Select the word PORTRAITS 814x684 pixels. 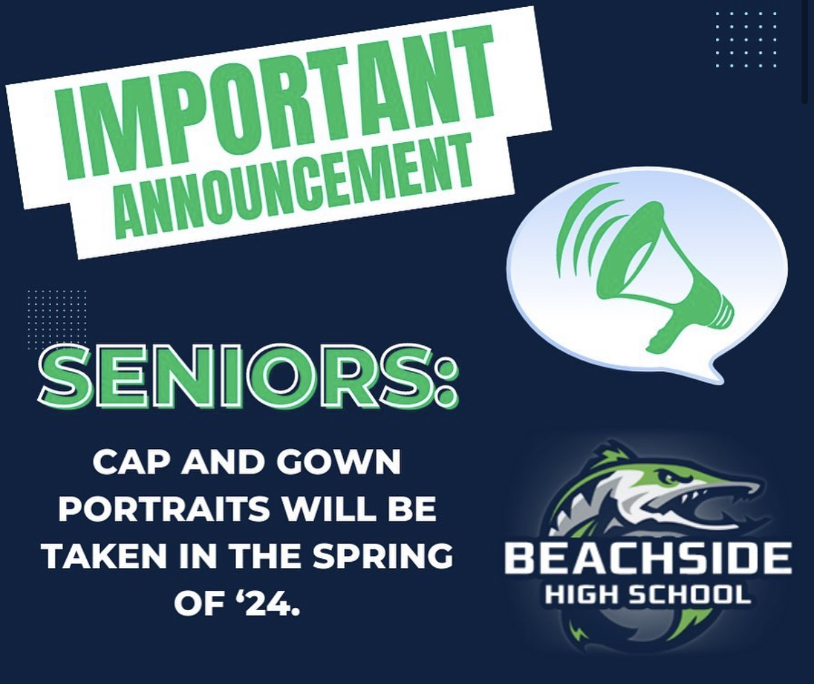pos(164,509)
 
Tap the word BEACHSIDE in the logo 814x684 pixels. pos(648,560)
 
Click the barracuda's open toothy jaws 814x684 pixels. pos(711,497)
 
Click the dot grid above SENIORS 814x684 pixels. pos(57,320)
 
